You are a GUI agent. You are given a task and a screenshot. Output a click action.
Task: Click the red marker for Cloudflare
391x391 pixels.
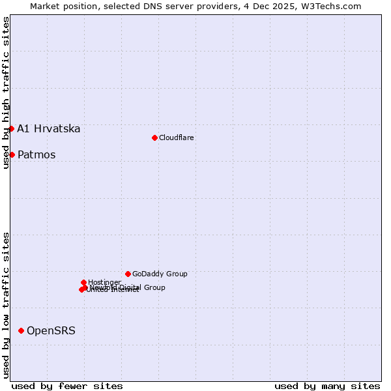tap(154, 138)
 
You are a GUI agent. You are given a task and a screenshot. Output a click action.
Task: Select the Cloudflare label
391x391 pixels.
tap(177, 138)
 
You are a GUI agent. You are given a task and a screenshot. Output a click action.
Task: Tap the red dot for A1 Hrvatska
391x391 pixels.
tap(11, 128)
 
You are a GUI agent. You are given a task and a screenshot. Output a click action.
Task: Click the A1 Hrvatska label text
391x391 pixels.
tap(49, 128)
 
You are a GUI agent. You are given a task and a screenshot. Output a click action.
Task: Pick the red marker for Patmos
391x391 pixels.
tap(12, 154)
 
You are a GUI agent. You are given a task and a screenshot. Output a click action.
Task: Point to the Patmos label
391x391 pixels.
tap(36, 154)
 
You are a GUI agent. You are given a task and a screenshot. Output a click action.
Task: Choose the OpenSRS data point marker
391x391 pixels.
tap(21, 331)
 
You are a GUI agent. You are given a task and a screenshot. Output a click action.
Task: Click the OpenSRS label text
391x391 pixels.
tap(51, 331)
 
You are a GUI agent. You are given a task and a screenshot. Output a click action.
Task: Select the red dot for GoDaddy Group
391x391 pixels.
tap(128, 274)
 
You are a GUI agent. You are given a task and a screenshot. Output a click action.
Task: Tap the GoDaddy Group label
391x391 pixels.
tap(160, 274)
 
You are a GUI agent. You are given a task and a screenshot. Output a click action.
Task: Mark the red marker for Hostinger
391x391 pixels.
tap(84, 282)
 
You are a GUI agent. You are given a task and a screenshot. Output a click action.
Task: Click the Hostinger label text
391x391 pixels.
tap(105, 282)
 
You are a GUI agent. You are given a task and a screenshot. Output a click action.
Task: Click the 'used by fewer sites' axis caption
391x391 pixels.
tap(67, 386)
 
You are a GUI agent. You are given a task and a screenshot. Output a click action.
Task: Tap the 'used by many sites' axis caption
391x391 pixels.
tap(327, 386)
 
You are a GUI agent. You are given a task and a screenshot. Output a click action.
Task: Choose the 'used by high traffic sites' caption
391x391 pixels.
tap(6, 93)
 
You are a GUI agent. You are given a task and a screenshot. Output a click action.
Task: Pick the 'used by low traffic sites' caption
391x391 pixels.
tap(6, 305)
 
